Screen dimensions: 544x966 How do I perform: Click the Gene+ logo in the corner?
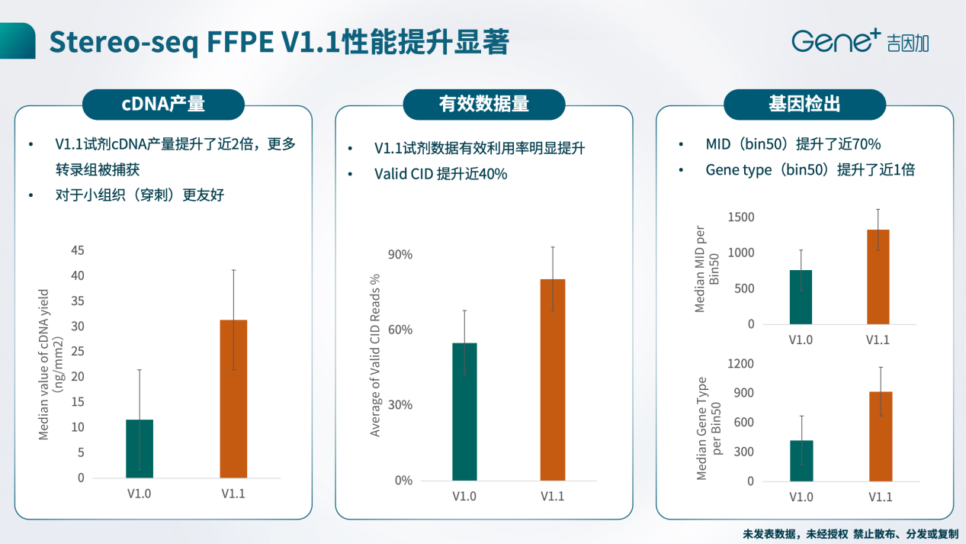pyautogui.click(x=859, y=41)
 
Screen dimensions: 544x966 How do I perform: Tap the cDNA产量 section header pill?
pyautogui.click(x=163, y=105)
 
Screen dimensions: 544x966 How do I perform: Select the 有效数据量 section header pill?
pyautogui.click(x=484, y=105)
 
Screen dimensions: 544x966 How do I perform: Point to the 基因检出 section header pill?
pyautogui.click(x=804, y=105)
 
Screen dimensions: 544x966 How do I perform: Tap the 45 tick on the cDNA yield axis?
pyautogui.click(x=78, y=250)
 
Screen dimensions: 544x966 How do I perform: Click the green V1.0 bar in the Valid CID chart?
pyautogui.click(x=464, y=411)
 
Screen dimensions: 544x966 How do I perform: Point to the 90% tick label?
pyautogui.click(x=401, y=255)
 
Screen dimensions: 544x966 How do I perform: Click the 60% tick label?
pyautogui.click(x=401, y=330)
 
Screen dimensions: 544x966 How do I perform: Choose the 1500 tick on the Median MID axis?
pyautogui.click(x=740, y=217)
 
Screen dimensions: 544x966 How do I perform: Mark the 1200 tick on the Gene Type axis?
pyautogui.click(x=740, y=364)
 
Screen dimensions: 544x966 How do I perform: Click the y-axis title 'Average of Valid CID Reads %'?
pyautogui.click(x=375, y=356)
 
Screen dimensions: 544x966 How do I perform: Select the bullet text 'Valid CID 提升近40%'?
pyautogui.click(x=441, y=174)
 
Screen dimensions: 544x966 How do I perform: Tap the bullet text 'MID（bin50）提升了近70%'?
pyautogui.click(x=793, y=144)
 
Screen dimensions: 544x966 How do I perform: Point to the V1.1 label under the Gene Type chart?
pyautogui.click(x=880, y=497)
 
